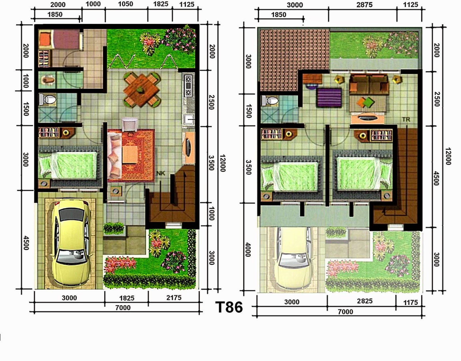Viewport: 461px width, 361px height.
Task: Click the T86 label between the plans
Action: (229, 307)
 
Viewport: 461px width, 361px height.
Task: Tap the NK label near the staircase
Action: (161, 173)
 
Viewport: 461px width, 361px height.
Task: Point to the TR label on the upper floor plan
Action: (406, 119)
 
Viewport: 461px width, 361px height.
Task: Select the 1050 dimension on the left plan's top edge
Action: (126, 4)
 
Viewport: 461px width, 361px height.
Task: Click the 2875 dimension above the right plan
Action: (364, 5)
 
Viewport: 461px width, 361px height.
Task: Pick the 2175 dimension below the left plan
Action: (174, 298)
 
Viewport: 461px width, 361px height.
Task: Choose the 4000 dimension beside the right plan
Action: (248, 250)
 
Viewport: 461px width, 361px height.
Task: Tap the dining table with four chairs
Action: (141, 89)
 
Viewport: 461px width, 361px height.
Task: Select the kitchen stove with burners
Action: (188, 85)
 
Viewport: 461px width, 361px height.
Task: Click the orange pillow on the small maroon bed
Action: (46, 39)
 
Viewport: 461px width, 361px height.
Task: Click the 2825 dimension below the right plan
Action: (364, 301)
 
